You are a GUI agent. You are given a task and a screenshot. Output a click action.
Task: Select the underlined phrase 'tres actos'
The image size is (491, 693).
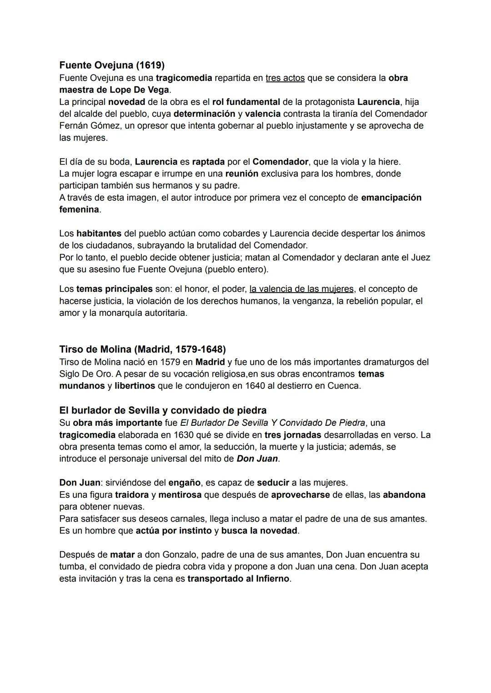285,78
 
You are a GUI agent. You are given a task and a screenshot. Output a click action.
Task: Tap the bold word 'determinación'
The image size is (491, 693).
204,114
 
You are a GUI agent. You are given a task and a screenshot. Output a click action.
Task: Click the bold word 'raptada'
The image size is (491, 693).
208,162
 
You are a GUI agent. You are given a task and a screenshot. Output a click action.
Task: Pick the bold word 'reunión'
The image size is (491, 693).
241,174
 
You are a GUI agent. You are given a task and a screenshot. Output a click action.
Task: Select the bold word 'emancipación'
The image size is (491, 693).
391,197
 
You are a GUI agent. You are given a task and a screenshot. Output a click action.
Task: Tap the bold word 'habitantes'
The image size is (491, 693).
99,233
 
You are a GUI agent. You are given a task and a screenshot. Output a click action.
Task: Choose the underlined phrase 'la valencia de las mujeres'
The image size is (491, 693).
301,289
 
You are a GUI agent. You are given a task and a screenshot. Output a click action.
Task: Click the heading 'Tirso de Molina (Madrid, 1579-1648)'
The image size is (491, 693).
142,349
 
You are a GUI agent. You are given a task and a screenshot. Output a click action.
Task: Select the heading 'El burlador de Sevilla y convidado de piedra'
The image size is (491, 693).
163,410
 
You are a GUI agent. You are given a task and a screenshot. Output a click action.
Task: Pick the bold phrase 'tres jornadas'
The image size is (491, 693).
293,434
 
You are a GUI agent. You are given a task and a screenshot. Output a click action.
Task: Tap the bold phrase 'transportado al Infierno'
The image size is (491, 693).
238,578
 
